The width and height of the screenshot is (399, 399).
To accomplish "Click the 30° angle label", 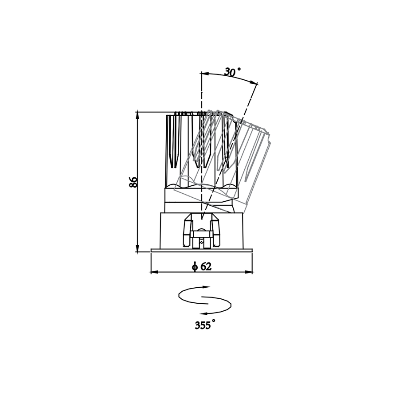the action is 232,72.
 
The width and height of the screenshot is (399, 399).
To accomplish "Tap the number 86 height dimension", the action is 133,182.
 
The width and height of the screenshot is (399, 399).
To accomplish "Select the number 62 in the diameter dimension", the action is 206,266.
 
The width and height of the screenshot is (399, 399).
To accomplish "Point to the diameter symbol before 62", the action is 195,267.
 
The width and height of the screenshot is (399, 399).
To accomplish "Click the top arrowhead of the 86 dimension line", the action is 137,115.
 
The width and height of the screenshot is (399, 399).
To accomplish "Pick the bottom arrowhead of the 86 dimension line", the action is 137,249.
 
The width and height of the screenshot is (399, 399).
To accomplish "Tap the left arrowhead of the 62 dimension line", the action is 154,272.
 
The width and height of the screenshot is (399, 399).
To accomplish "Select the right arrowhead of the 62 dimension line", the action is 249,272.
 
